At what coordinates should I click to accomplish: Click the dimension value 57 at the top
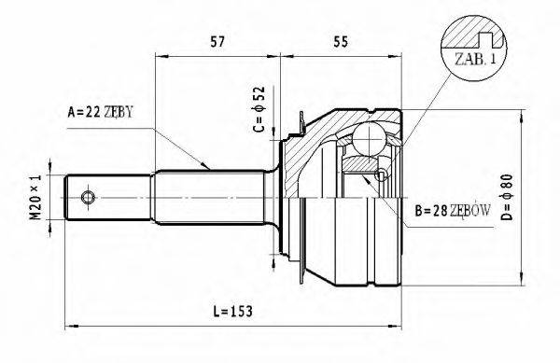216,41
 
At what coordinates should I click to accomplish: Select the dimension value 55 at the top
340,41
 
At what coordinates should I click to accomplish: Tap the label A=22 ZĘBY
101,113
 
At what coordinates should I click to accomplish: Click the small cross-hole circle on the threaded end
88,197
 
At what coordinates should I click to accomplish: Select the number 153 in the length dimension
243,309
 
